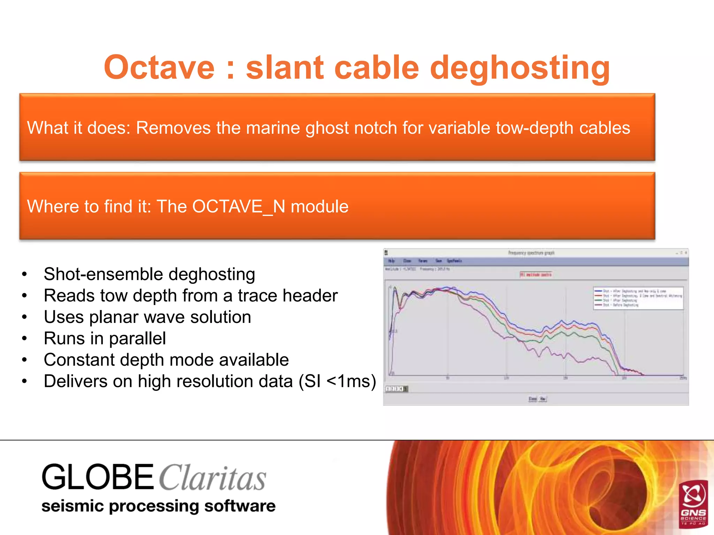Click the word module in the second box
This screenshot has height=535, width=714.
[x=319, y=207]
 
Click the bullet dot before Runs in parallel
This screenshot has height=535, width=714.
[x=24, y=339]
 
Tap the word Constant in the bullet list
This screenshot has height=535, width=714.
[x=79, y=360]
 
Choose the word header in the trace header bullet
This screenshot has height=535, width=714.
[x=310, y=296]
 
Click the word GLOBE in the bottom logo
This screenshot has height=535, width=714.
[x=98, y=477]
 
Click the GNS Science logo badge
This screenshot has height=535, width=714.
[x=693, y=503]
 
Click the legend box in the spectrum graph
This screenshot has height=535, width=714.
[x=638, y=298]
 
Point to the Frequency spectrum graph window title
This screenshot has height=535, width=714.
[x=531, y=253]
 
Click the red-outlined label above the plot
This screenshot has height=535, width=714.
[x=535, y=274]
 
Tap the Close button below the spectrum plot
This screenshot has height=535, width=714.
[x=532, y=399]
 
